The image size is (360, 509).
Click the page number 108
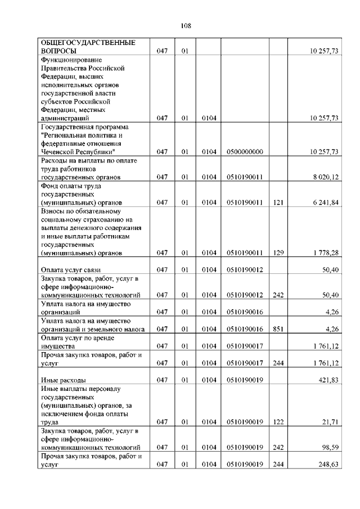[x=186, y=26]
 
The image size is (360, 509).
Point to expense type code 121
[x=277, y=202]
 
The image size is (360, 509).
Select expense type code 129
[x=277, y=253]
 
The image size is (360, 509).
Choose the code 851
[x=277, y=329]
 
